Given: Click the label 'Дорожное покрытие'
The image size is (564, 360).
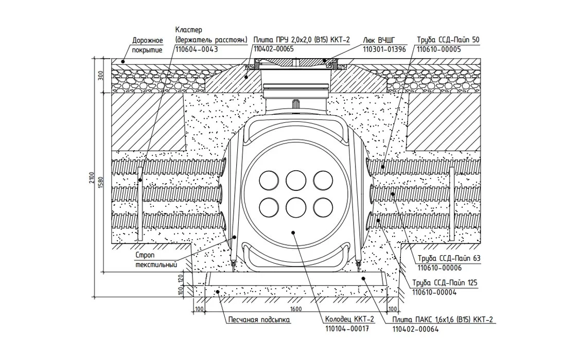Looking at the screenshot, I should click(x=148, y=45).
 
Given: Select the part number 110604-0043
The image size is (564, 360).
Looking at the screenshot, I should click(x=197, y=49).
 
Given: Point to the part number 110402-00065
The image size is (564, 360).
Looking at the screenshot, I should click(x=273, y=49).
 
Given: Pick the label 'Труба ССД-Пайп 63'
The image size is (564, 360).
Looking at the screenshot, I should click(x=442, y=259).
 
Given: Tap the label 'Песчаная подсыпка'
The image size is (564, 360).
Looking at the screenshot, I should click(x=259, y=320).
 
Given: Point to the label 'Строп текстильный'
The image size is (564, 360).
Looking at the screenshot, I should click(x=156, y=260).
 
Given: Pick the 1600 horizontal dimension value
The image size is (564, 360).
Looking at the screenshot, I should click(x=296, y=309).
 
